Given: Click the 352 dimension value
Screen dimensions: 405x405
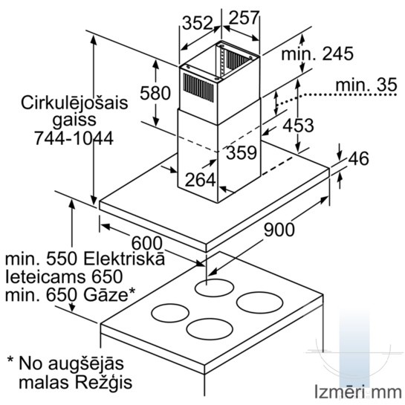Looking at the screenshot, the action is coord(197,23).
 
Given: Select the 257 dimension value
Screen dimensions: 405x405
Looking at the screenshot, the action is coord(244,18).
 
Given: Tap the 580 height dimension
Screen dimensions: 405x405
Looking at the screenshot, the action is coord(155,93).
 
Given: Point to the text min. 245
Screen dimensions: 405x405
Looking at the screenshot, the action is coord(317,54).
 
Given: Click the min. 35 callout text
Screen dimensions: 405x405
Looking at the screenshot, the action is coord(366,85).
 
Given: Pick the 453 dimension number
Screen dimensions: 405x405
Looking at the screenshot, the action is coord(298,126).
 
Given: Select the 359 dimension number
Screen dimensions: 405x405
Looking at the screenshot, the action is coord(242,152).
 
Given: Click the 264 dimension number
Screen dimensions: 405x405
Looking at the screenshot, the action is coord(201,180).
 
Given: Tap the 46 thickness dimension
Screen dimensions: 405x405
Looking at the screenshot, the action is coord(358,158).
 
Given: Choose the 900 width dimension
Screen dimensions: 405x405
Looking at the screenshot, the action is coord(279,230).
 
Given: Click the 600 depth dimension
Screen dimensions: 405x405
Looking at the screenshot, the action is coord(147,243).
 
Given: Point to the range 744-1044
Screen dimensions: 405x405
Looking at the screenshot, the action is coord(74,138).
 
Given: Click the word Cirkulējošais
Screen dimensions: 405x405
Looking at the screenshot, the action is coord(74,103).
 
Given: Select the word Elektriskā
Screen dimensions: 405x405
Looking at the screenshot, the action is coord(124,259).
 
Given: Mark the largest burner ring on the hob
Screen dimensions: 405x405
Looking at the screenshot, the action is coord(259,302).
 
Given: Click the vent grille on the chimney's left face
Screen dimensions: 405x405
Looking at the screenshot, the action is coord(198,88).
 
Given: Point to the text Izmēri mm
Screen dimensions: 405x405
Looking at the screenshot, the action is coord(358,392).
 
